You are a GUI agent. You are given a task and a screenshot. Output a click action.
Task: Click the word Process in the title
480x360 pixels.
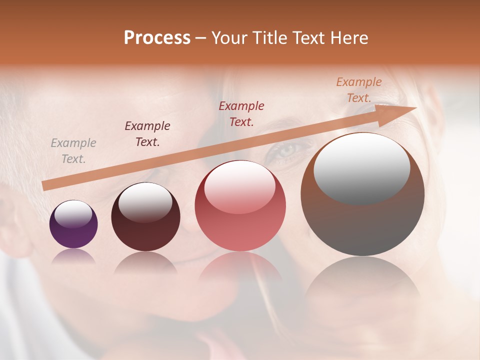click(157, 38)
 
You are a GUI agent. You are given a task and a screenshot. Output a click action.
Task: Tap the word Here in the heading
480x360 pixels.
click(350, 38)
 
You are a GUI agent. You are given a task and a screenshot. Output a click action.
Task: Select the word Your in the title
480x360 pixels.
click(228, 38)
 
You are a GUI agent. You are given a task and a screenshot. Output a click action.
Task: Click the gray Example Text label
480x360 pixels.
click(73, 151)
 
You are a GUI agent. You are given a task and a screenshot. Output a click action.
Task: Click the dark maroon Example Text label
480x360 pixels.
click(147, 134)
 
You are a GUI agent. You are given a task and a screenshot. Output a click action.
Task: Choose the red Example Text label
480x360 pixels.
click(241, 114)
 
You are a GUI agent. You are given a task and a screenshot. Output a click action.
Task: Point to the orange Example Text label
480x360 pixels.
click(359, 90)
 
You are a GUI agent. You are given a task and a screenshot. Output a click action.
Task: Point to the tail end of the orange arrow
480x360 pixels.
click(46, 185)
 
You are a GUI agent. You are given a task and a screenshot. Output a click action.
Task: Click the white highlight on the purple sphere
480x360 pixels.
click(73, 214)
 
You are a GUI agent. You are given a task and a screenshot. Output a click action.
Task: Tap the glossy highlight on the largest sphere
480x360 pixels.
click(361, 167)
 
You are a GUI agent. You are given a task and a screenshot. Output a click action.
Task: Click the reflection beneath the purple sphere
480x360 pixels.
click(73, 256)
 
